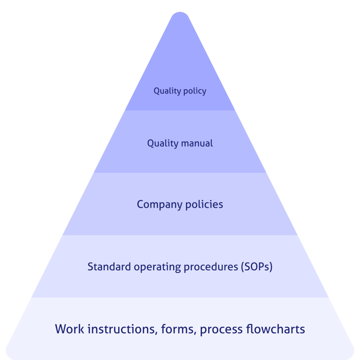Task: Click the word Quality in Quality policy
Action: pos(166,91)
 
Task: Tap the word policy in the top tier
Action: pos(194,91)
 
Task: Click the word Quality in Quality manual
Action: pos(163,143)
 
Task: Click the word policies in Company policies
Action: pos(204,205)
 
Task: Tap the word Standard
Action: pos(107,267)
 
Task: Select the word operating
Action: pos(155,267)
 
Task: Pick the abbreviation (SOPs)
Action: pos(257,267)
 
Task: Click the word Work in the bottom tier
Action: pos(69,329)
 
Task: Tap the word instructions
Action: pos(119,329)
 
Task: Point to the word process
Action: pos(221,330)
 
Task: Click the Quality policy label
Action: pos(179,91)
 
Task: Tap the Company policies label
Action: pos(179,205)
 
